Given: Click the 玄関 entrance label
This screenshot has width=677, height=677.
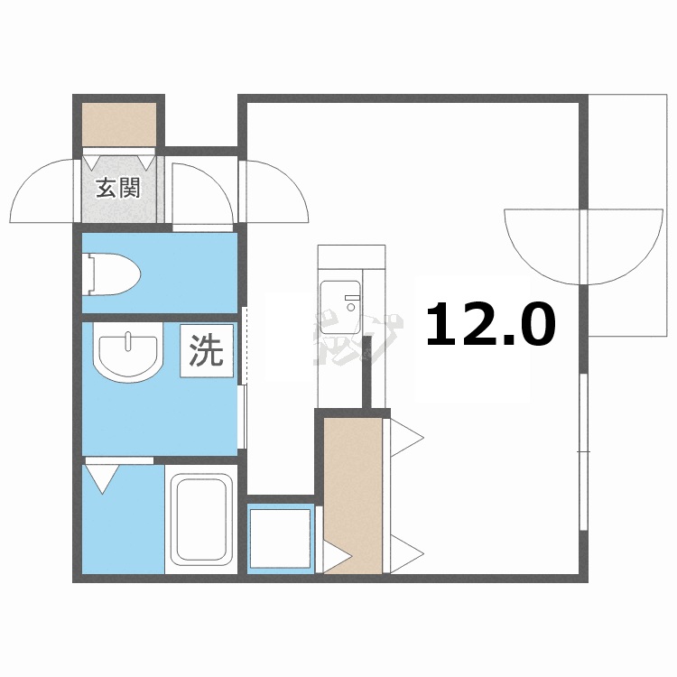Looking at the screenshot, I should [x=118, y=189].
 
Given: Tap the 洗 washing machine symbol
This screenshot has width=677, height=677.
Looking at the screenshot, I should [x=206, y=350].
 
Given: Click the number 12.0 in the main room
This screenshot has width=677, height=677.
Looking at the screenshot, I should [x=489, y=325].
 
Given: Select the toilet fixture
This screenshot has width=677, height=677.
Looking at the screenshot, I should [x=113, y=273].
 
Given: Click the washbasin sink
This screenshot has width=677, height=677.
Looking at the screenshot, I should [x=128, y=354].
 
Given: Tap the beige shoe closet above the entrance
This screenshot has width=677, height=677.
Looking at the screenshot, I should [x=119, y=124].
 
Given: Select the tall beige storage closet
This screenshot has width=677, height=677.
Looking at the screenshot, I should [x=352, y=492].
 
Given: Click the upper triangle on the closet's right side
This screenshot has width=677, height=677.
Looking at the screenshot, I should [x=405, y=441].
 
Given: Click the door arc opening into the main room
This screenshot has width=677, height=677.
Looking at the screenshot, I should [x=274, y=191].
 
